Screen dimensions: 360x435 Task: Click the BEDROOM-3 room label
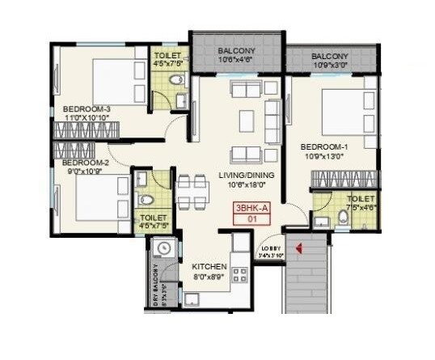point(84,108)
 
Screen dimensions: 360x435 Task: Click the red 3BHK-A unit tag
point(251,208)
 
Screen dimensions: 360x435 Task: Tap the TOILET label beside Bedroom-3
point(168,57)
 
